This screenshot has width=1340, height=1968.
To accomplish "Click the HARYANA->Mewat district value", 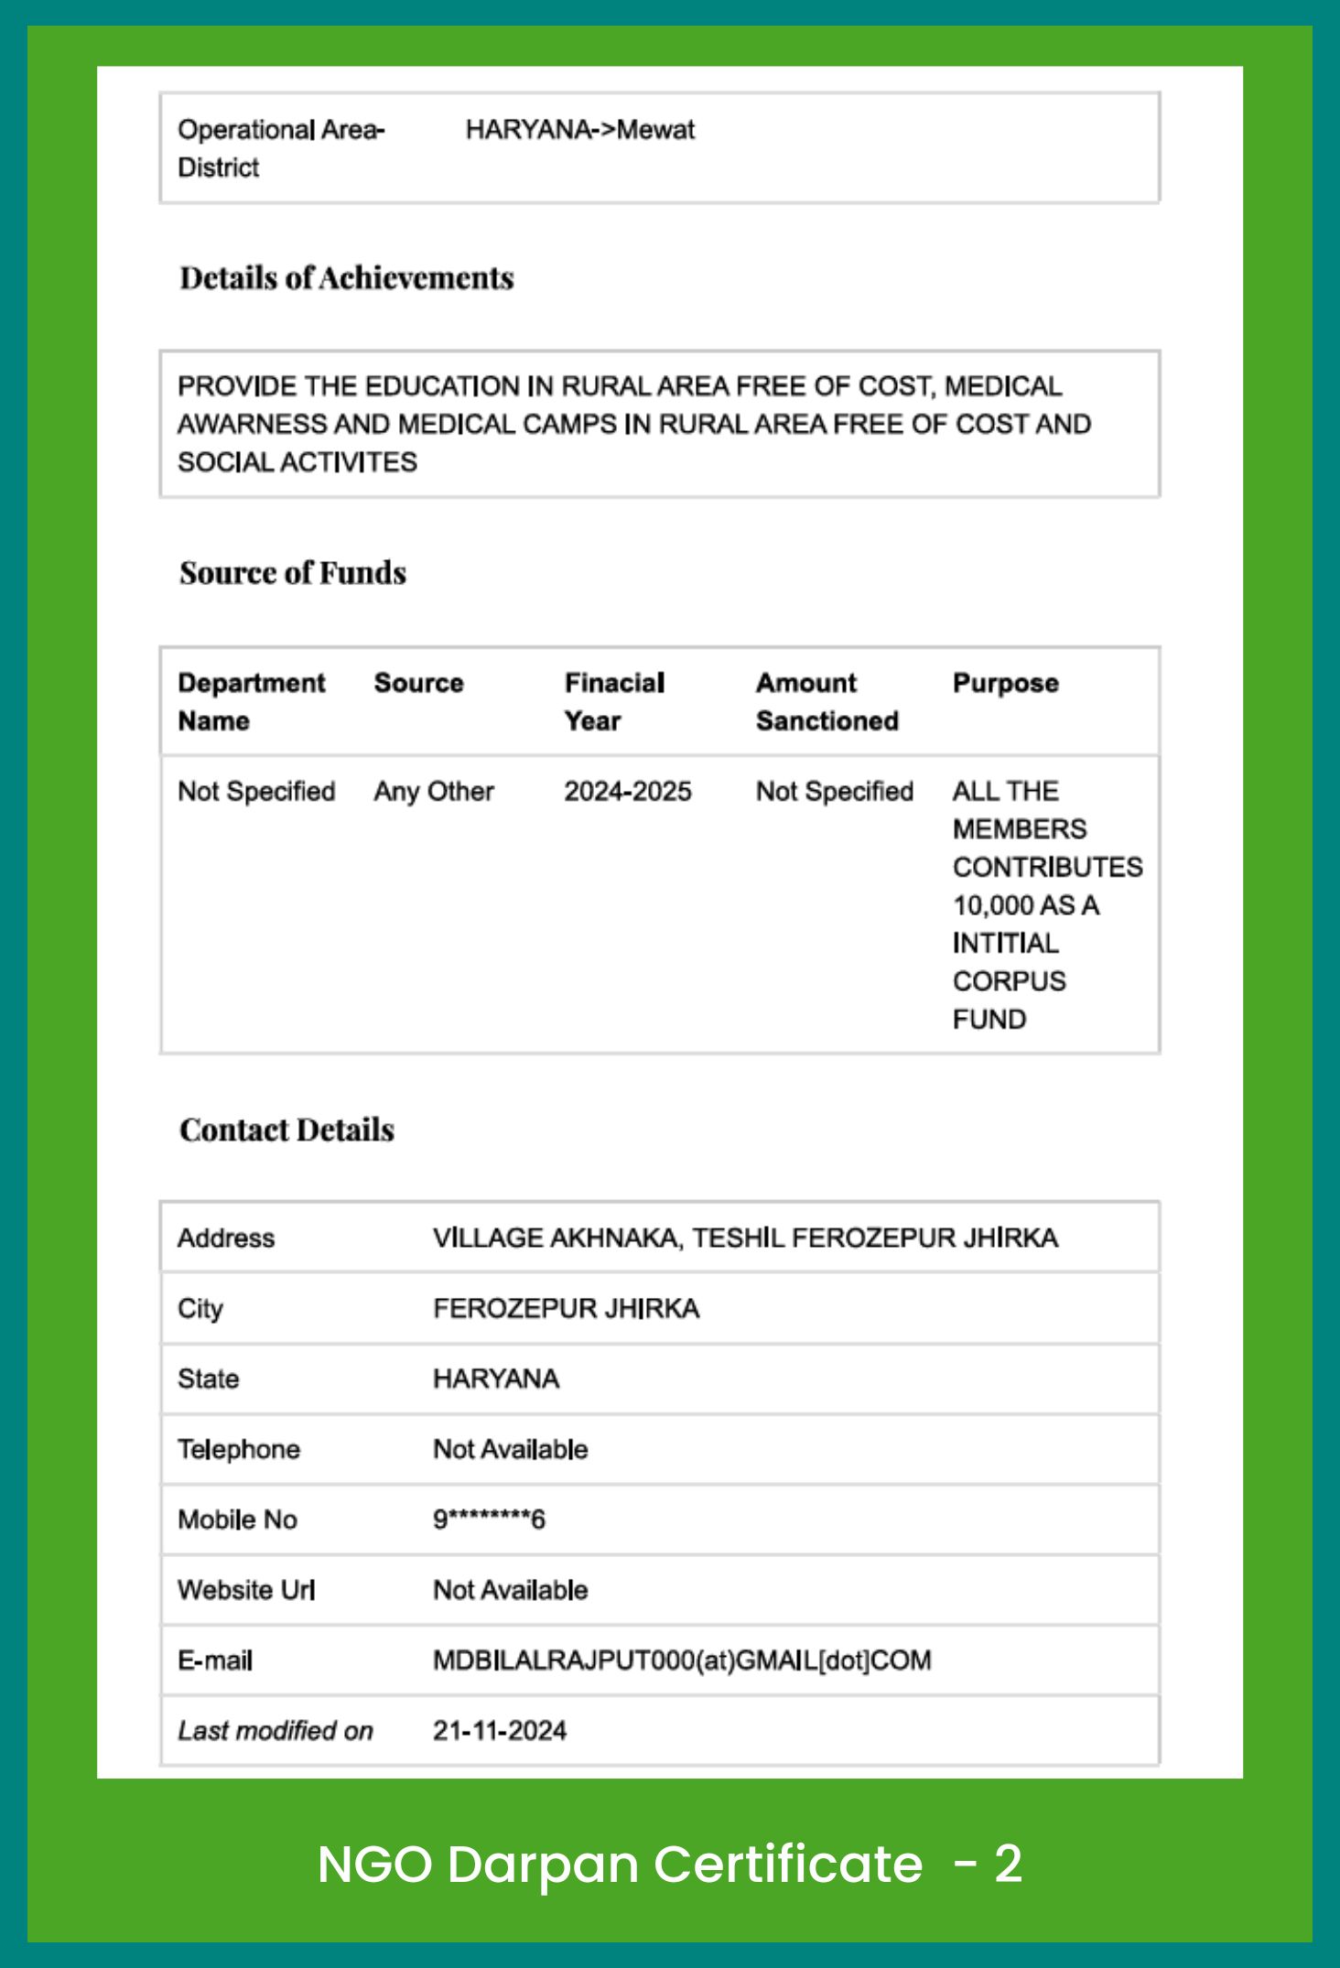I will (x=579, y=130).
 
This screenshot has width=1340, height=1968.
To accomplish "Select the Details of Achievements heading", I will (x=346, y=278).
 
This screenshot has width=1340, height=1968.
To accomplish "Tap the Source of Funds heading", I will (x=293, y=573).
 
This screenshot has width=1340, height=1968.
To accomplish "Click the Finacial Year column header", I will (x=614, y=701).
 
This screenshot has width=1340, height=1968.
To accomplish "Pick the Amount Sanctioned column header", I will (x=827, y=701).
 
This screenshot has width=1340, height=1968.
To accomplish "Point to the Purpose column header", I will (x=1005, y=683).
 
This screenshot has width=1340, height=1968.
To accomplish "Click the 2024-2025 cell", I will (x=627, y=791).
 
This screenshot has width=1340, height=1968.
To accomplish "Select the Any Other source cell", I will (x=434, y=791).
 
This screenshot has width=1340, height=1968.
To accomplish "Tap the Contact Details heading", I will (x=286, y=1130).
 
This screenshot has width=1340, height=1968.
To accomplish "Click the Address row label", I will (x=226, y=1238).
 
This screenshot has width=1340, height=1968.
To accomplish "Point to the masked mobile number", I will (x=489, y=1519).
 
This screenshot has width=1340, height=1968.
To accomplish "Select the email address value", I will (x=682, y=1660).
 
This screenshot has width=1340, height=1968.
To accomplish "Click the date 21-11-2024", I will (x=500, y=1731).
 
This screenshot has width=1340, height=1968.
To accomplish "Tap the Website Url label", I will (x=246, y=1590).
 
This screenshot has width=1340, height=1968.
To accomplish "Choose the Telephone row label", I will (x=239, y=1449).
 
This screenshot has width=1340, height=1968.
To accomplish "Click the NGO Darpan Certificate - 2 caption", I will (x=669, y=1864).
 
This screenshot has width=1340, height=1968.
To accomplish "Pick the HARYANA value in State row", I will (x=496, y=1379).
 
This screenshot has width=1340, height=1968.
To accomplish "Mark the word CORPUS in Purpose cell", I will (x=1009, y=981).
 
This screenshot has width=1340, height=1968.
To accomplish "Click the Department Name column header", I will (x=251, y=701).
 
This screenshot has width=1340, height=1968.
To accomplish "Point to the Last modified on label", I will (x=276, y=1731).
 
